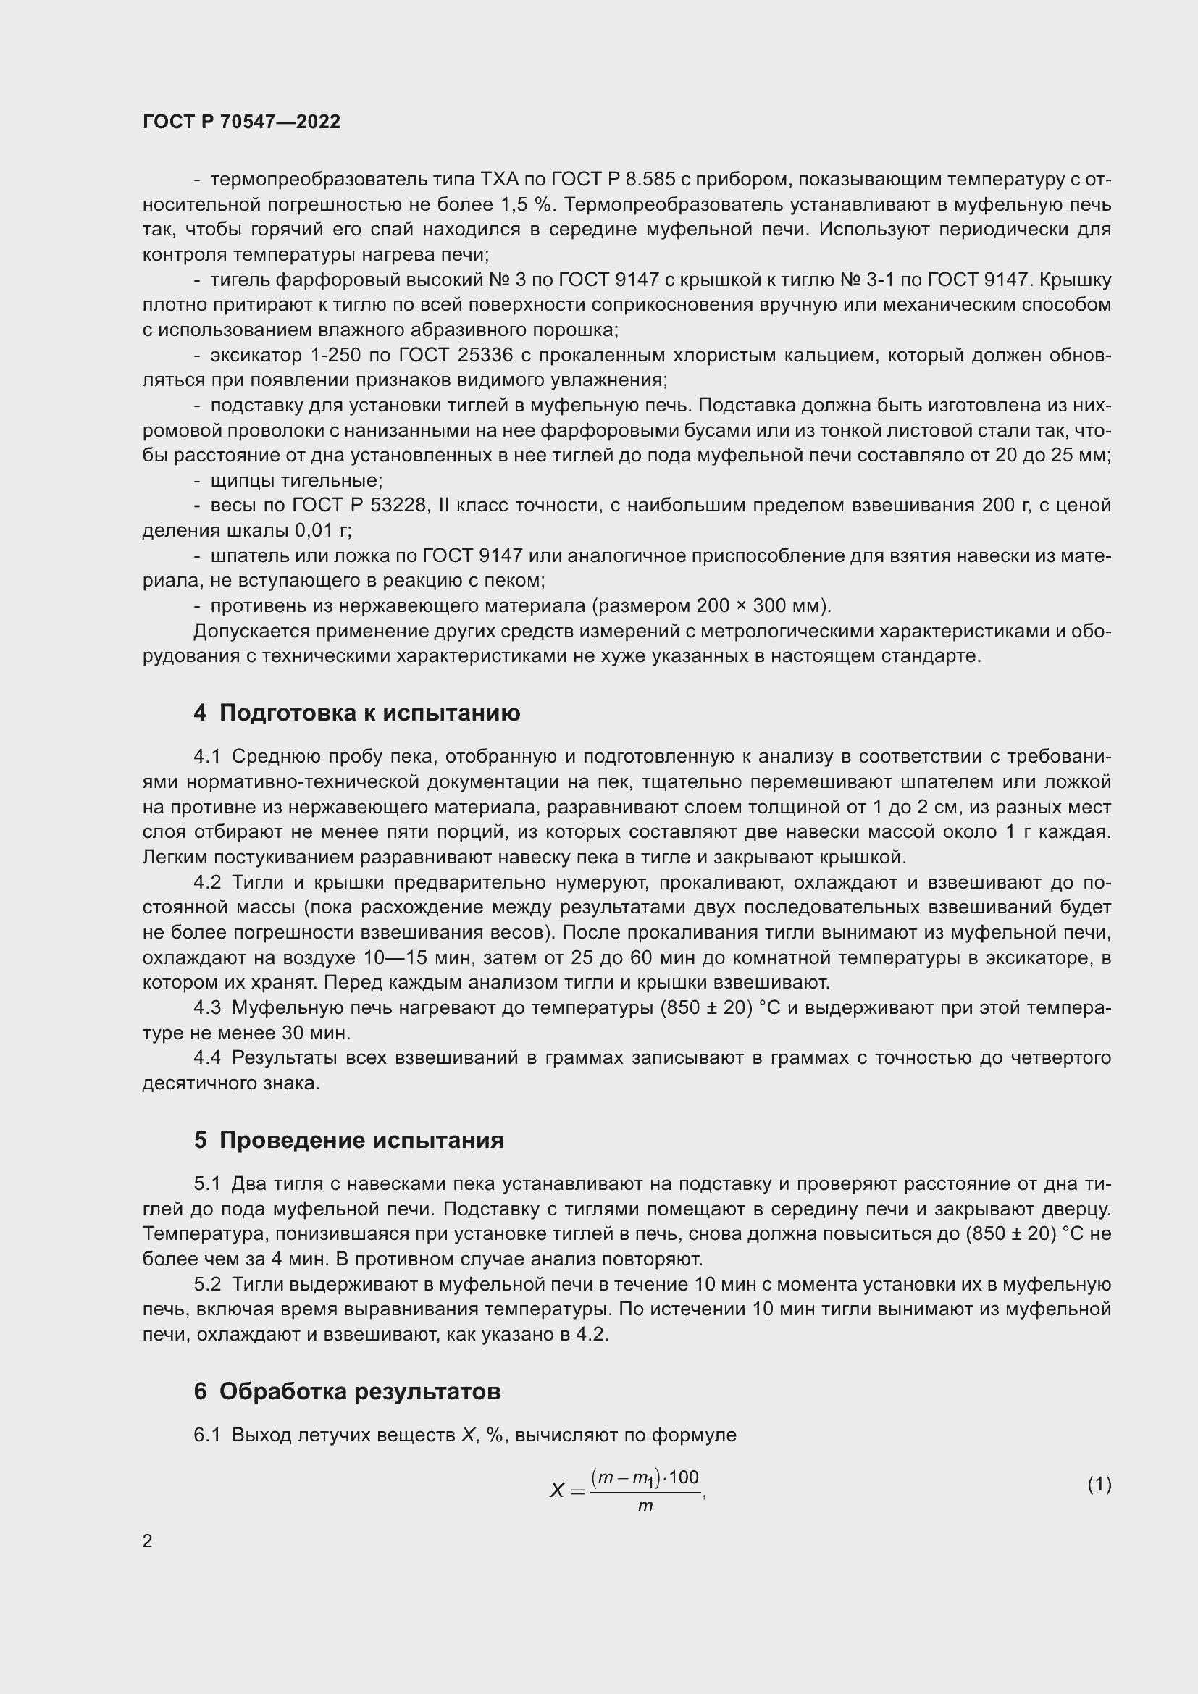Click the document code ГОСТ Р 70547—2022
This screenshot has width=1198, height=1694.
[x=241, y=122]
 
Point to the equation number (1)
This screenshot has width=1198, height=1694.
[x=1099, y=1484]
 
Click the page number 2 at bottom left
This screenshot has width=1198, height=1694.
[x=148, y=1541]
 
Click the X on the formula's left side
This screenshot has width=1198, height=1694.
[x=557, y=1490]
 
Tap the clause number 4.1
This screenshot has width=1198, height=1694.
[x=207, y=756]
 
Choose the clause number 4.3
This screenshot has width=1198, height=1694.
[x=207, y=1008]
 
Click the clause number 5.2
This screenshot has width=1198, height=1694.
[x=207, y=1285]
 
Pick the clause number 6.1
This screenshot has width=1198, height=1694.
[x=207, y=1435]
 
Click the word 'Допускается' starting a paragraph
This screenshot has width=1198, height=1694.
[x=251, y=632]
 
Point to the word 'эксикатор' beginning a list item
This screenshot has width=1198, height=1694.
[x=256, y=356]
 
